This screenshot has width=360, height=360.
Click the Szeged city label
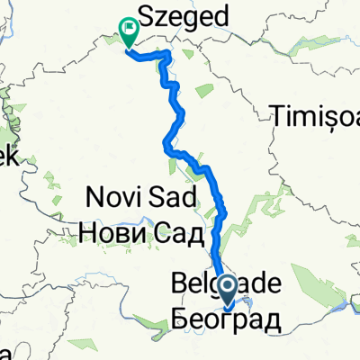point(183,16)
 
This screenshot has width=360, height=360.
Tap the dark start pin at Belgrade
point(229,289)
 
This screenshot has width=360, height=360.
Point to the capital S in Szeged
point(144,16)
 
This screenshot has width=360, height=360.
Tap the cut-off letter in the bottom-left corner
point(4,353)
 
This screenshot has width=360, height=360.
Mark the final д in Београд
point(272,320)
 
